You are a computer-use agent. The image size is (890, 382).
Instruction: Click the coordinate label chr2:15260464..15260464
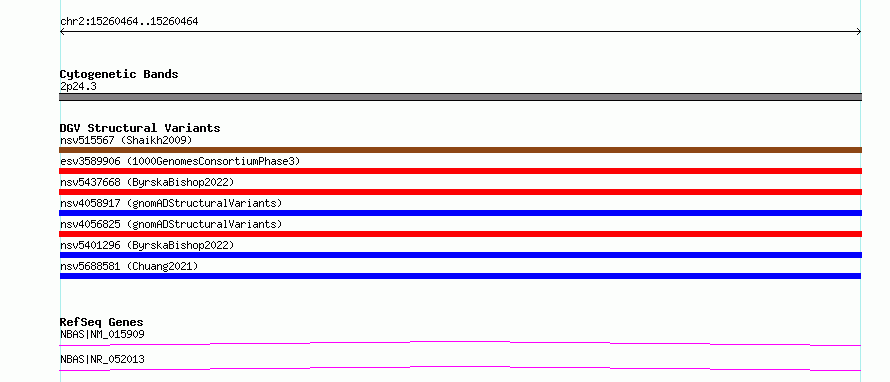pyautogui.click(x=129, y=22)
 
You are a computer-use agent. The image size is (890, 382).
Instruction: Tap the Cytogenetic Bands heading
pyautogui.click(x=119, y=74)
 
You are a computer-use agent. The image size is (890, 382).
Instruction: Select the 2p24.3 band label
pyautogui.click(x=78, y=86)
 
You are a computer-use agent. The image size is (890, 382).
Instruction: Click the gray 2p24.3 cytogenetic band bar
pyautogui.click(x=460, y=97)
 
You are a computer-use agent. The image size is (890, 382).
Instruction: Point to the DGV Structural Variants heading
pyautogui.click(x=140, y=128)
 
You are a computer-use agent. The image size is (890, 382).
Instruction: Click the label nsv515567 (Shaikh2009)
pyautogui.click(x=126, y=140)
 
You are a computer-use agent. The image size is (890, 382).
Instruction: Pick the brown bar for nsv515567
pyautogui.click(x=460, y=150)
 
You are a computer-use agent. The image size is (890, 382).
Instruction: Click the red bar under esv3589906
pyautogui.click(x=460, y=171)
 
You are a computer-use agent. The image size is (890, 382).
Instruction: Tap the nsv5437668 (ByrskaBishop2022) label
pyautogui.click(x=147, y=182)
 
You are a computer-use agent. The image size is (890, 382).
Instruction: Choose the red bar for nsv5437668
pyautogui.click(x=460, y=192)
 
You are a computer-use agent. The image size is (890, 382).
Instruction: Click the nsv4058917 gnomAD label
pyautogui.click(x=171, y=203)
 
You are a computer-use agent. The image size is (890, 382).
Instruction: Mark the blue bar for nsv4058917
pyautogui.click(x=460, y=213)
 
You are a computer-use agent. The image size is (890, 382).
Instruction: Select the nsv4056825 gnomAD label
pyautogui.click(x=171, y=224)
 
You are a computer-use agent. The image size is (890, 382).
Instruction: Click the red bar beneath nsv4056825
pyautogui.click(x=460, y=234)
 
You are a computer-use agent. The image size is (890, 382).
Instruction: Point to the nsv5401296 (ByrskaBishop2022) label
pyautogui.click(x=147, y=245)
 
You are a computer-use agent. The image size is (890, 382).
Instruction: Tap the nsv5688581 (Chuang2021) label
pyautogui.click(x=129, y=266)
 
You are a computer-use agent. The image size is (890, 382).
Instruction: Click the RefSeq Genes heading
pyautogui.click(x=102, y=322)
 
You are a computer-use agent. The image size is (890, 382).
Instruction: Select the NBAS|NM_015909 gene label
pyautogui.click(x=102, y=334)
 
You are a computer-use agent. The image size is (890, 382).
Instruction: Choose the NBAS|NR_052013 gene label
pyautogui.click(x=102, y=359)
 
